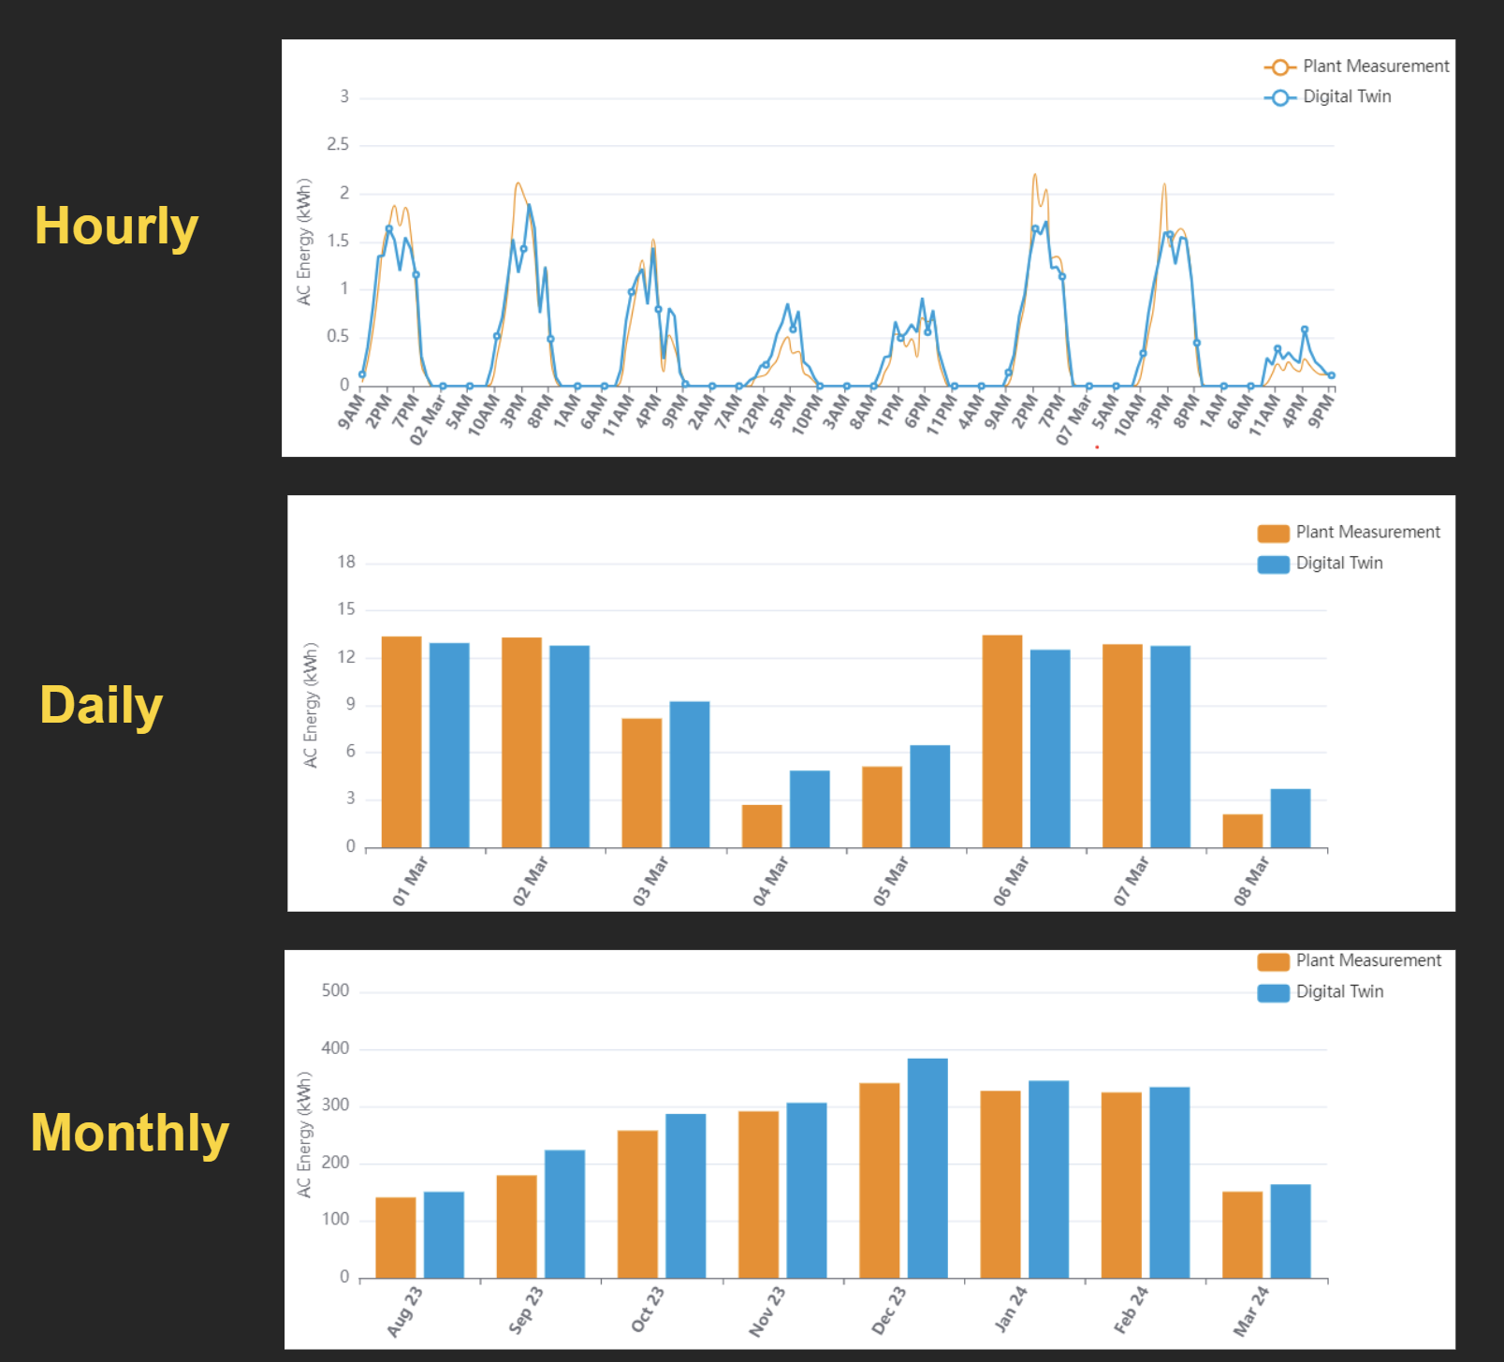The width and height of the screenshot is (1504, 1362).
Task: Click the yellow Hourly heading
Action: click(x=116, y=227)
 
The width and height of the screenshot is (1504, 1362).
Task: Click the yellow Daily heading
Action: click(x=101, y=705)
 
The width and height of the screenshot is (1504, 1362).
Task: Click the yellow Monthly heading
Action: click(x=129, y=1133)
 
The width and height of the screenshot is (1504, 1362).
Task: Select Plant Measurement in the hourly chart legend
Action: click(x=1375, y=66)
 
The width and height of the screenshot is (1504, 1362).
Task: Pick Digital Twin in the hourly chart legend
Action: click(x=1346, y=96)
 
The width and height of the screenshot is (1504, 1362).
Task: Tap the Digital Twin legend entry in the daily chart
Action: click(x=1338, y=564)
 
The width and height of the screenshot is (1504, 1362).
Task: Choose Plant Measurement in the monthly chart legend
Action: click(x=1367, y=961)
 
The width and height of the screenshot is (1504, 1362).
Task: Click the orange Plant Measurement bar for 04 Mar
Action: click(x=762, y=826)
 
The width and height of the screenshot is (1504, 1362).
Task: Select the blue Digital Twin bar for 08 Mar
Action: click(x=1290, y=818)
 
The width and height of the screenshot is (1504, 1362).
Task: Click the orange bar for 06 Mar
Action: click(x=1001, y=741)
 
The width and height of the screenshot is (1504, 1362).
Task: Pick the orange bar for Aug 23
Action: click(x=396, y=1238)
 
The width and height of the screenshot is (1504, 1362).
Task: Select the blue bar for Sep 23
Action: click(x=564, y=1213)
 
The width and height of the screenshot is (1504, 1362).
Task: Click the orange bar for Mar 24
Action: click(x=1242, y=1235)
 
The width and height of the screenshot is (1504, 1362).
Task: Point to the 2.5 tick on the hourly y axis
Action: click(x=338, y=145)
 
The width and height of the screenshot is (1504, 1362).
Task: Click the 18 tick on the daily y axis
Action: click(x=346, y=563)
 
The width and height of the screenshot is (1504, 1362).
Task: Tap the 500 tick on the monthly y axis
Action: click(x=335, y=991)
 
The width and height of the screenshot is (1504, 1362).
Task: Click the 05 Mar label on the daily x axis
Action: click(x=891, y=881)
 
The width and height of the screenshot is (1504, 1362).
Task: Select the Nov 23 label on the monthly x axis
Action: click(x=767, y=1311)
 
